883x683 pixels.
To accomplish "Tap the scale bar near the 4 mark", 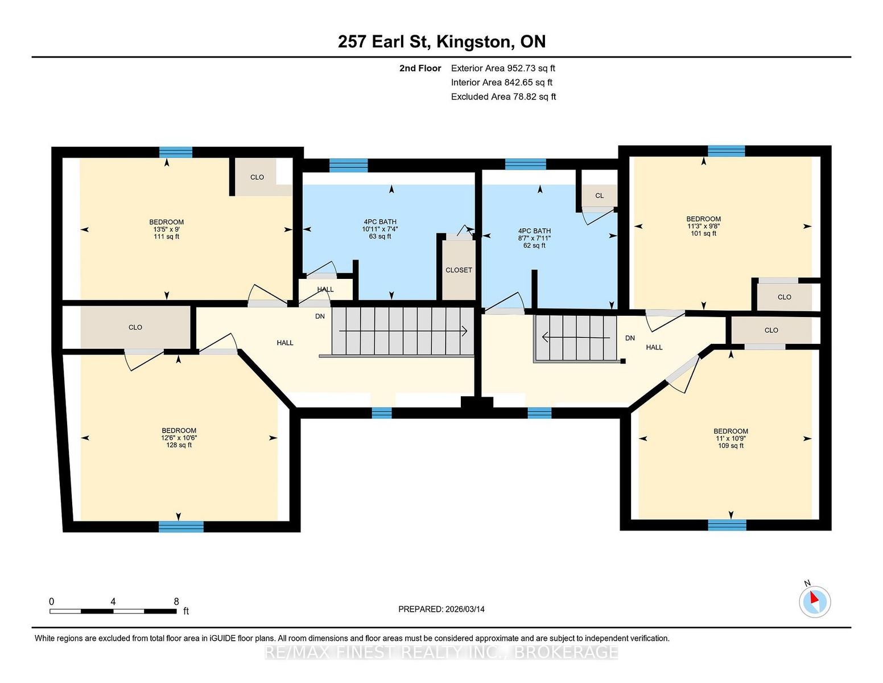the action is coord(113,611).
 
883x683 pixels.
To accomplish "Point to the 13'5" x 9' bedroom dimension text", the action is coord(166,229).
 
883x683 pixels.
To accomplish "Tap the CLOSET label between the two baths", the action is coord(459,270).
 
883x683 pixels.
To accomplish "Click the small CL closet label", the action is coord(599,196).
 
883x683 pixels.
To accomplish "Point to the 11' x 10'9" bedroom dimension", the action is coord(731,438).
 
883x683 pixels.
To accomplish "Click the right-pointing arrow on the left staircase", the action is coord(403,332).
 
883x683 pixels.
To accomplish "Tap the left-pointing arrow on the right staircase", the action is coord(576,338).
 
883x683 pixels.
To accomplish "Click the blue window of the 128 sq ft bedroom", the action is coord(181,526).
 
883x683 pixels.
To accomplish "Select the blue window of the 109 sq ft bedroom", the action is coord(727,525).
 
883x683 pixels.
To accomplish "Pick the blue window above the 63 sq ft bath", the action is coord(348,166).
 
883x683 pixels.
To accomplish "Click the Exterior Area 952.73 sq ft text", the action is coord(503,68).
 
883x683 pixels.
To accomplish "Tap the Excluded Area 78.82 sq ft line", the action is coord(504,97).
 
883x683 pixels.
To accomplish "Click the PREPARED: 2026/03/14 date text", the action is coord(441,609).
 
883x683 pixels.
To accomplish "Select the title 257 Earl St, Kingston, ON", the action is coord(441,42).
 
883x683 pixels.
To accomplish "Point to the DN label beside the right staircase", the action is coord(630,338).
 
